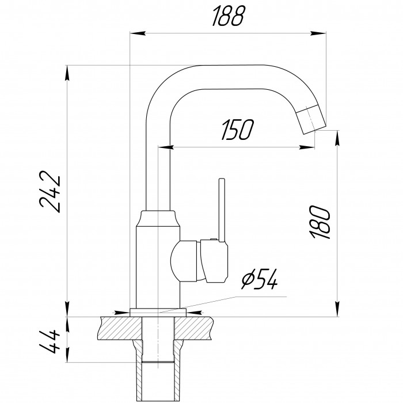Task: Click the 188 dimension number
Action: click(228, 17)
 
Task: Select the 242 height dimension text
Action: click(50, 192)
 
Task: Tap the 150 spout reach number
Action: click(237, 130)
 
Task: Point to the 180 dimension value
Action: click(320, 222)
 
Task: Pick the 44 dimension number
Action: click(50, 342)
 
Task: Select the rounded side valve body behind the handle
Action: click(184, 261)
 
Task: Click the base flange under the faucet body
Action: click(158, 312)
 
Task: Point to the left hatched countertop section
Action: click(120, 328)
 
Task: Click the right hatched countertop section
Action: click(194, 328)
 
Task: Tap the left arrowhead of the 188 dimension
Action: click(138, 33)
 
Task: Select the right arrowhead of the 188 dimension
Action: click(318, 33)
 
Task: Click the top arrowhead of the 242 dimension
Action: click(67, 73)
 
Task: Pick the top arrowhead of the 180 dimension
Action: click(337, 138)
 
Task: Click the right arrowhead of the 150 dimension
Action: click(307, 147)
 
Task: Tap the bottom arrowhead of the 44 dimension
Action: click(67, 355)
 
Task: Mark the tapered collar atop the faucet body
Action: click(158, 219)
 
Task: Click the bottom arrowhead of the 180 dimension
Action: click(337, 309)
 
